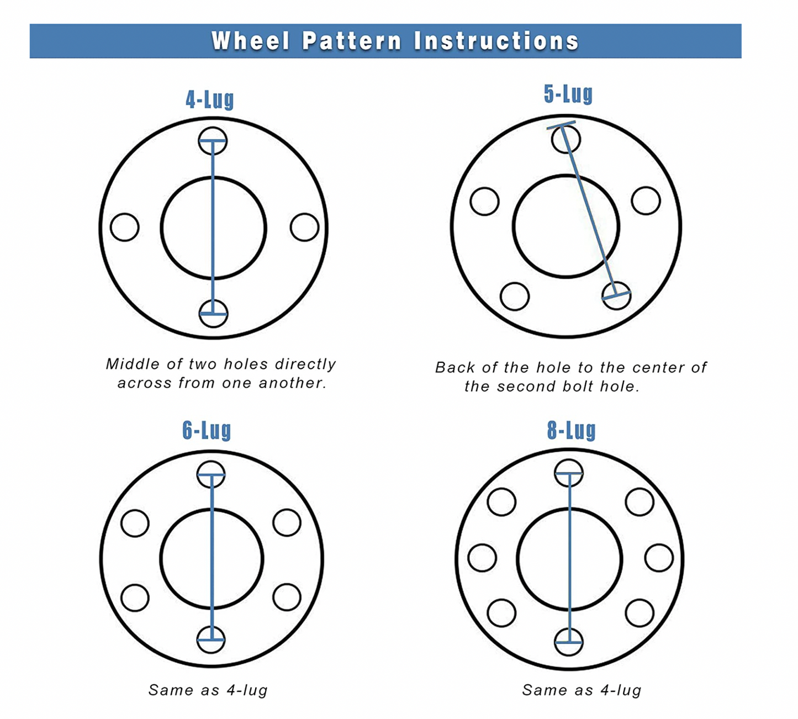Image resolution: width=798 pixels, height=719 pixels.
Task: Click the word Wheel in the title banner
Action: [251, 41]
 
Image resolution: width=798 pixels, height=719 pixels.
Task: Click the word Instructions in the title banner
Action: [496, 41]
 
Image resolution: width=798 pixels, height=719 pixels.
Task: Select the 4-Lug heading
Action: [210, 100]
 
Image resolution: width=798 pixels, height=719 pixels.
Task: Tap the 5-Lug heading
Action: [568, 94]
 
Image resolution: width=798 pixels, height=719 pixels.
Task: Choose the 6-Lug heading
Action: [207, 430]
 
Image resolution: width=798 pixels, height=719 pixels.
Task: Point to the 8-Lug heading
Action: [572, 430]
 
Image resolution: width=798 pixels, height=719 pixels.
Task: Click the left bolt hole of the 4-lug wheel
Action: [124, 227]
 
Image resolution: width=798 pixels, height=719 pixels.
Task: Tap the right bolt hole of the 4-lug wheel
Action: [304, 227]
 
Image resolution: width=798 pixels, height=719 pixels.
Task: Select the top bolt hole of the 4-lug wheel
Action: [213, 141]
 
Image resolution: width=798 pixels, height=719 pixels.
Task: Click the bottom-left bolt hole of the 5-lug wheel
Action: [515, 296]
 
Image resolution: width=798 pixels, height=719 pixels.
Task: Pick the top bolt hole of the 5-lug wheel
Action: [566, 139]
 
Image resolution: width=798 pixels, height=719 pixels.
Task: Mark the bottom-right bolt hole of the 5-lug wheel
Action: [616, 295]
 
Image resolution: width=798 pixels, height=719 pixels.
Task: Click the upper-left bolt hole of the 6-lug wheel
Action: [135, 523]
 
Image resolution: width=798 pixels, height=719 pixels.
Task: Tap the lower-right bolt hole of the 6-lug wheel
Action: [287, 597]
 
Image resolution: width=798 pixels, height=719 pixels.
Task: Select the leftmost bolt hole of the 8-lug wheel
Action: [482, 558]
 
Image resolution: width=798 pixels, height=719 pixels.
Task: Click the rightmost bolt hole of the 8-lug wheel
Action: [659, 558]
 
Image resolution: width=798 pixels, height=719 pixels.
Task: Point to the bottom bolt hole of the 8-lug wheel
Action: [568, 642]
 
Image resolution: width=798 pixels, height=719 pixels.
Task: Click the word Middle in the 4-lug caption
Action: [133, 364]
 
